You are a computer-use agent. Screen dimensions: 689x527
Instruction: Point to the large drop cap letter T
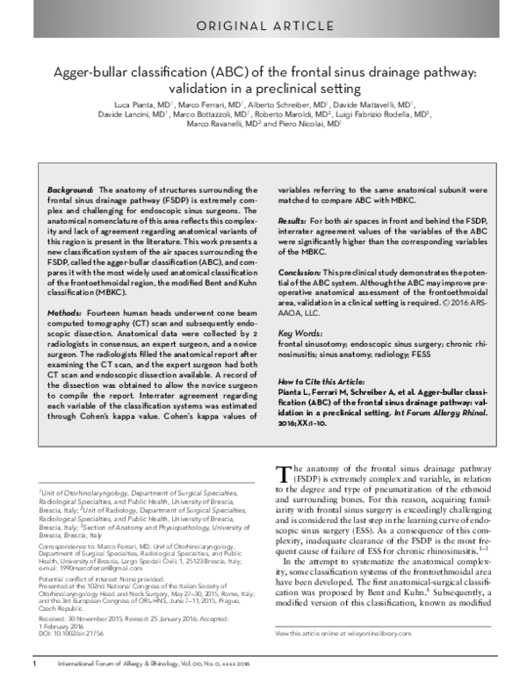click(x=283, y=474)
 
